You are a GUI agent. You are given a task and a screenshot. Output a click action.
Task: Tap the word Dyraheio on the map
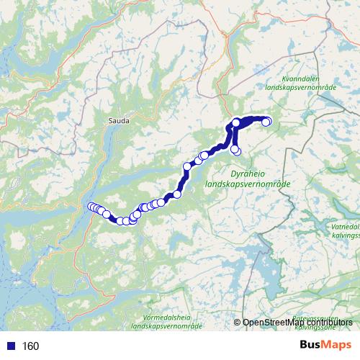click(247, 174)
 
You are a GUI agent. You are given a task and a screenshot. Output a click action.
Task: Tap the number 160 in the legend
click(31, 346)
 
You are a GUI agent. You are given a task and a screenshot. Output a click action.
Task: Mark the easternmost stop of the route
click(266, 122)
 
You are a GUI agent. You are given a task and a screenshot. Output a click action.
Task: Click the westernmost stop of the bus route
click(91, 207)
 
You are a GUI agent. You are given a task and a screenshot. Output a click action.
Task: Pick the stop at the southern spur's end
click(235, 149)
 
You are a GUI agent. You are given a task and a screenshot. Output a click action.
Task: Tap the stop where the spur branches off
click(235, 123)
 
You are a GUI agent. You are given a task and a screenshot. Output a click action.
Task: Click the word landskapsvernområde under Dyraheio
click(248, 184)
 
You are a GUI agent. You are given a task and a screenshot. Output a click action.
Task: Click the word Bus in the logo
click(312, 346)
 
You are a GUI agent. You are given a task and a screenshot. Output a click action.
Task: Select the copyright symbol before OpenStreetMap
click(238, 322)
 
